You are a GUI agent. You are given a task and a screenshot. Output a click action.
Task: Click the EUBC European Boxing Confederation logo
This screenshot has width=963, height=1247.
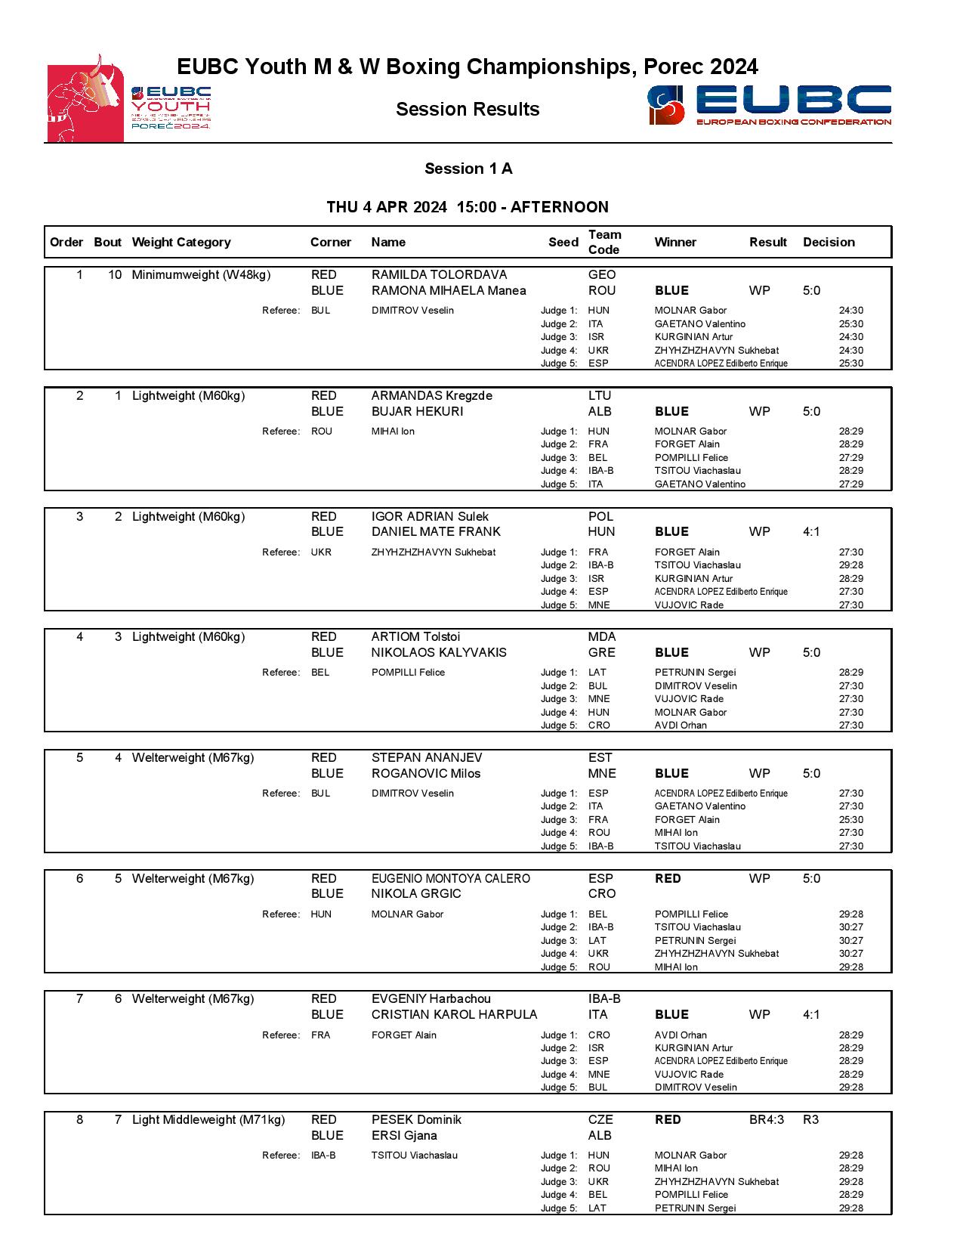tap(769, 105)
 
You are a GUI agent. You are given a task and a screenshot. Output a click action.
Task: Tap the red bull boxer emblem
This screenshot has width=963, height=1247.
tap(85, 98)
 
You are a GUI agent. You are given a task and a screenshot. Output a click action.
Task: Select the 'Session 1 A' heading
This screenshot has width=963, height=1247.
tap(468, 169)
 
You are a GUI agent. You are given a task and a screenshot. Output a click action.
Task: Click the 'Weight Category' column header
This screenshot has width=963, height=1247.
tap(181, 243)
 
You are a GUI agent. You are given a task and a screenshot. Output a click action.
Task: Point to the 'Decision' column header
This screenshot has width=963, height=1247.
tap(829, 243)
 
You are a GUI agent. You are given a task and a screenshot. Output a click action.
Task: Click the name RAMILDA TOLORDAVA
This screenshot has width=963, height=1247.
tap(439, 275)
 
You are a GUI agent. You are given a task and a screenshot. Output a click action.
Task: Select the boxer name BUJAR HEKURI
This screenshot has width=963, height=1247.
tap(417, 411)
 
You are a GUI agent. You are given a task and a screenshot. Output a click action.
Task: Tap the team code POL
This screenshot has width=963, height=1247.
tap(600, 517)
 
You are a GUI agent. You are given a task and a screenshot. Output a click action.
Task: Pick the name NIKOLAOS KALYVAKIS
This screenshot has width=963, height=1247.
tap(439, 652)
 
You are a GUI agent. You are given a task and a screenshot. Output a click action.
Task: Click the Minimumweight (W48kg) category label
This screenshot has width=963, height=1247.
tap(201, 275)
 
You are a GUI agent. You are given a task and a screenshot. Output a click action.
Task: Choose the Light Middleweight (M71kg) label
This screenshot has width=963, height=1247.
tap(208, 1120)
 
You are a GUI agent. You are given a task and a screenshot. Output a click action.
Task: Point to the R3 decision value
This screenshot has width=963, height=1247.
tap(810, 1120)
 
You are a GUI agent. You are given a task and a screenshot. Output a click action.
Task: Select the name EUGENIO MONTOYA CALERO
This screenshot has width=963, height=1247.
tap(450, 879)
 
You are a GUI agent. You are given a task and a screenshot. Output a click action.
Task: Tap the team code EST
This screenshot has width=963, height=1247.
tap(600, 758)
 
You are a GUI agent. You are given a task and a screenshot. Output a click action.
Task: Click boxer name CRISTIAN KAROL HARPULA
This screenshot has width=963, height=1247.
tap(454, 1014)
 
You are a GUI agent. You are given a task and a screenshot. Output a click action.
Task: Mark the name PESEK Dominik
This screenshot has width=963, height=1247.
tap(415, 1120)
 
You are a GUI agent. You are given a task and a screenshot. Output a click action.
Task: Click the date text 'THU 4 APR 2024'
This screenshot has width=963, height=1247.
tap(386, 207)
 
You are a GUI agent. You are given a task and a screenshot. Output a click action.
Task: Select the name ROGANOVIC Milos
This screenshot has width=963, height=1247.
tap(426, 773)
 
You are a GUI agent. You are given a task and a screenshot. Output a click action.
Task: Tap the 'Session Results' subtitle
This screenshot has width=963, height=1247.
tap(468, 110)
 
